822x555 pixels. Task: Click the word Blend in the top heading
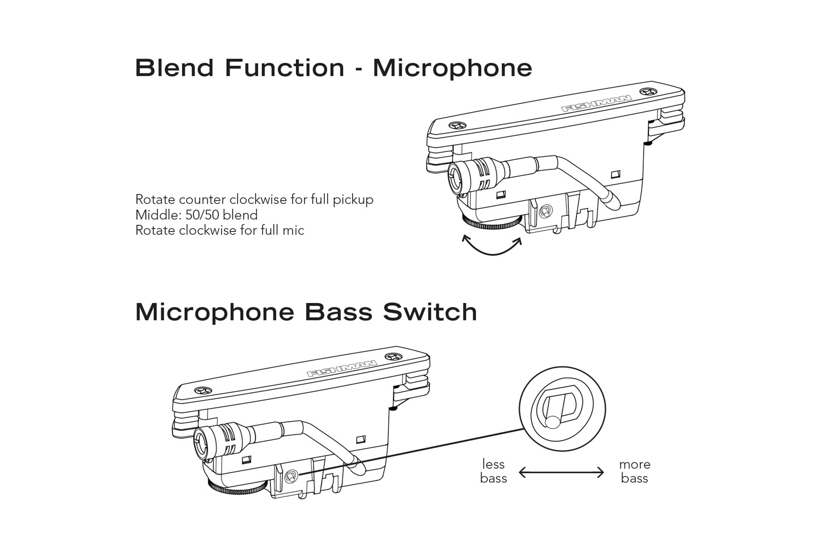tap(174, 68)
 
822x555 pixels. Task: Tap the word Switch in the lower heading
tap(430, 312)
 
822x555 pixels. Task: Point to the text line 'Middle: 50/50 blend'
tap(196, 215)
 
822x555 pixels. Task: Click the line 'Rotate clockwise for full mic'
tap(219, 230)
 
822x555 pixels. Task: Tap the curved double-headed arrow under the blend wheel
tap(492, 245)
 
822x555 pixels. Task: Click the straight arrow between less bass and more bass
tap(561, 472)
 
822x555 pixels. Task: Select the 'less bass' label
tap(493, 471)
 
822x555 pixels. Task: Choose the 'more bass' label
tap(635, 471)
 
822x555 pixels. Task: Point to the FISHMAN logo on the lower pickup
tap(341, 369)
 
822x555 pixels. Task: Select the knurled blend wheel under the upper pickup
tap(491, 222)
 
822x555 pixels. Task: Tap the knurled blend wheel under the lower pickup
tap(237, 486)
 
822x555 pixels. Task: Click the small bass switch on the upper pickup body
tap(545, 211)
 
